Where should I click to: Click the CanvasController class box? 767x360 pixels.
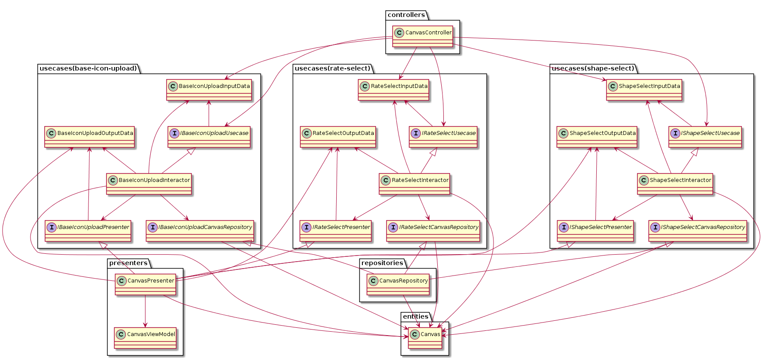tap(422, 36)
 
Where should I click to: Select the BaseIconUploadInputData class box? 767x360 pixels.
tap(209, 90)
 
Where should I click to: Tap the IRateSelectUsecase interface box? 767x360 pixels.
tap(443, 137)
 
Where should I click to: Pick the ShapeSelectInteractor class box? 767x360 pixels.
tap(675, 184)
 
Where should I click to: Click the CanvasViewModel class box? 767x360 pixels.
tap(145, 338)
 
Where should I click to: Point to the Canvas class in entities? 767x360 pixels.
tap(425, 338)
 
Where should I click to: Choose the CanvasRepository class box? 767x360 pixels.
tap(398, 284)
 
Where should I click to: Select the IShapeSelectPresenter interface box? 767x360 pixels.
tap(595, 231)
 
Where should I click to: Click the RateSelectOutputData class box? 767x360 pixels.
tap(338, 137)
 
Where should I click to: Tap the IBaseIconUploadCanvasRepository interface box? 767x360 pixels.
tap(200, 231)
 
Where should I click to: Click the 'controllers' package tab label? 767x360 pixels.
tap(406, 15)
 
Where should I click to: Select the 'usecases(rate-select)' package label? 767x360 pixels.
tap(332, 68)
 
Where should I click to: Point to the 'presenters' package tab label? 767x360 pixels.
tap(128, 263)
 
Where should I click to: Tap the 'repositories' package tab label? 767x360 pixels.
tap(382, 263)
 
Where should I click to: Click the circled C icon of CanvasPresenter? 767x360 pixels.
tap(122, 281)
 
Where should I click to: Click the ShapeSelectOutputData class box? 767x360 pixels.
tap(597, 137)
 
